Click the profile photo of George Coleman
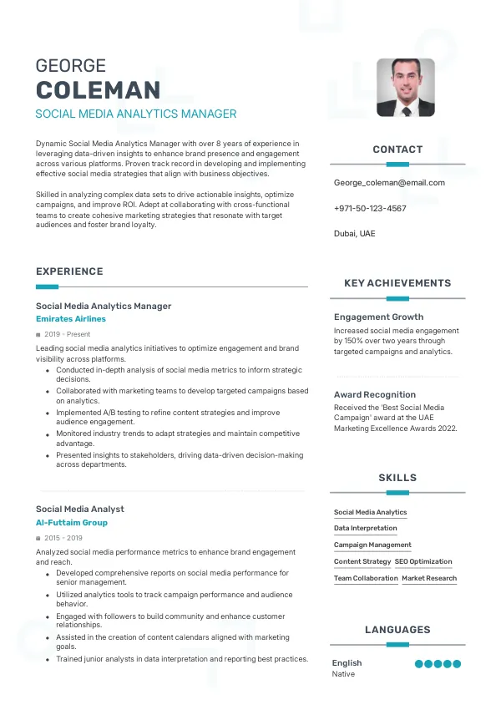(x=406, y=87)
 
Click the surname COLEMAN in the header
(x=98, y=90)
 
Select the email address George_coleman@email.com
(x=389, y=182)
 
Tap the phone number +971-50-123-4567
(x=370, y=208)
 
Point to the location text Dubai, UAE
(x=355, y=234)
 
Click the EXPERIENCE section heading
(x=69, y=271)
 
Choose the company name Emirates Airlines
(x=71, y=319)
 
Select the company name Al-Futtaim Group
(x=72, y=523)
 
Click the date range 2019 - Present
(x=63, y=334)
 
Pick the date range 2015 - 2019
(x=63, y=538)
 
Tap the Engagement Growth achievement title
(x=378, y=317)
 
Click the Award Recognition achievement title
(x=375, y=394)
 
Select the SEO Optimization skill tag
(x=423, y=561)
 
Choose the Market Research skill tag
(x=429, y=578)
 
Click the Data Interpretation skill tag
(x=366, y=528)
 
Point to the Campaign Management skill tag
(x=372, y=545)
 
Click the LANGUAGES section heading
(x=397, y=630)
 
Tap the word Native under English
(x=343, y=674)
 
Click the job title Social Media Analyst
(x=80, y=509)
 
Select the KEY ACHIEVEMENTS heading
(x=397, y=283)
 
